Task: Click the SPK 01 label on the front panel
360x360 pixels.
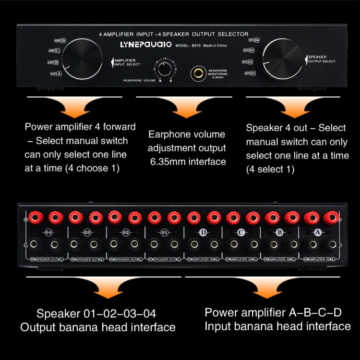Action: [x=250, y=73]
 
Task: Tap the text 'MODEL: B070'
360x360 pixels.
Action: [x=188, y=46]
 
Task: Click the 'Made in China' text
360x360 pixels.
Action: [x=215, y=46]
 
